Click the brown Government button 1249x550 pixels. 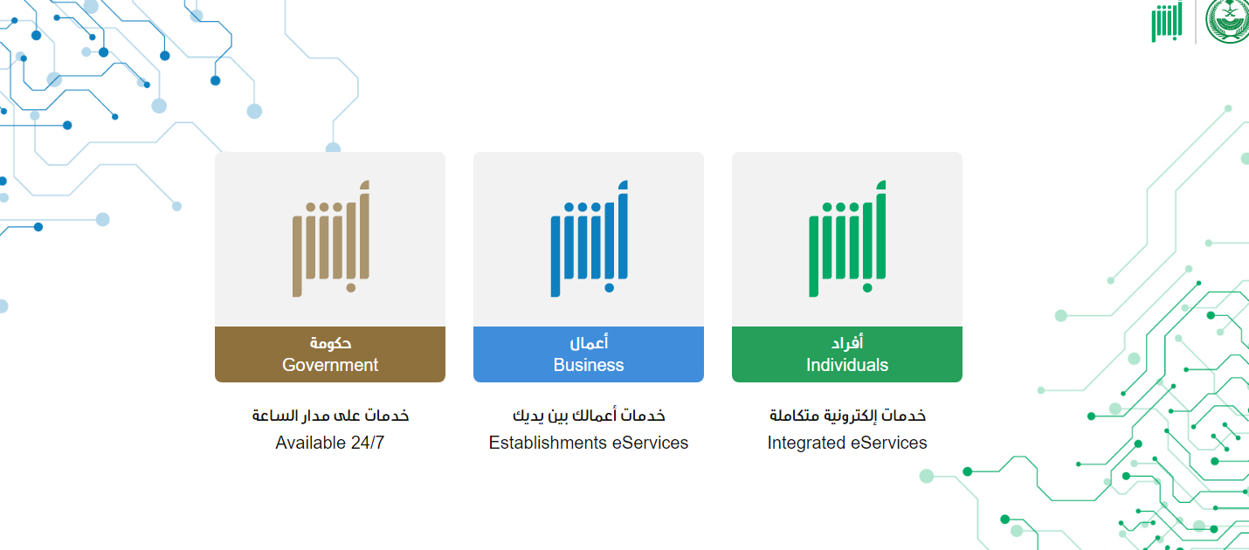(x=330, y=354)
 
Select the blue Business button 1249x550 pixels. (x=589, y=354)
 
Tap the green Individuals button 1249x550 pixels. (x=847, y=354)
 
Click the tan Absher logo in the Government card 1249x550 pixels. (x=331, y=238)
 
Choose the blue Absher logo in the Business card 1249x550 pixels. (x=590, y=238)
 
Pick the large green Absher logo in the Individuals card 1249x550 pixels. (x=847, y=238)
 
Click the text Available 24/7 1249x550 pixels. (x=330, y=443)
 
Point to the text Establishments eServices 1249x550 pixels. (x=589, y=443)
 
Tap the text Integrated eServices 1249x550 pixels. (x=847, y=443)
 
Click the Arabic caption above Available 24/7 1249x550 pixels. (x=330, y=416)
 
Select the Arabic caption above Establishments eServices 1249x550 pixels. (x=589, y=416)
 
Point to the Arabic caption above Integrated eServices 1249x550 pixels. (x=847, y=416)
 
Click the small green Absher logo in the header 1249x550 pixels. (x=1167, y=22)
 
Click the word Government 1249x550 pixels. (x=330, y=365)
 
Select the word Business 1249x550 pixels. (x=589, y=365)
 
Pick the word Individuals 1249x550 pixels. (x=847, y=365)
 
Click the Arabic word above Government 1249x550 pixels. (x=330, y=343)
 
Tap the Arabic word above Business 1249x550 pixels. (x=589, y=343)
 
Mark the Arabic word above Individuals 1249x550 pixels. (x=847, y=343)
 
